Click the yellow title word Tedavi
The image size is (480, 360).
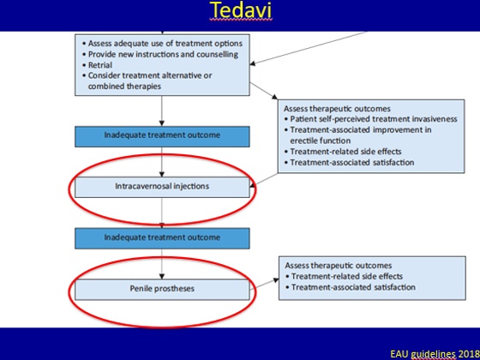coord(241,10)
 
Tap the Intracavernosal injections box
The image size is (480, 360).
coord(162,187)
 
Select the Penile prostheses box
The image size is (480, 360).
coord(162,290)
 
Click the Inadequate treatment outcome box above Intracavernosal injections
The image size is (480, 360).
coord(162,136)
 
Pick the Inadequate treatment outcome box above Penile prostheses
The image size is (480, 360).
coord(162,238)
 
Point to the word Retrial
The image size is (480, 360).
coord(100,65)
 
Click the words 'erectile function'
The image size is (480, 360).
coord(321,141)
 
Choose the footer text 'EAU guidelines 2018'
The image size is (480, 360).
coord(435,355)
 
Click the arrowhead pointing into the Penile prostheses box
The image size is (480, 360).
coord(162,276)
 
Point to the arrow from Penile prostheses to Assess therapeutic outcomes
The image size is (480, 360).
coord(264,285)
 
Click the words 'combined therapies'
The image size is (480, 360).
coord(124,87)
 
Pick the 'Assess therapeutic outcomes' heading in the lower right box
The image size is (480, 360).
coord(339,266)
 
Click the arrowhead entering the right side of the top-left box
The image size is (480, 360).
coord(253,63)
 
